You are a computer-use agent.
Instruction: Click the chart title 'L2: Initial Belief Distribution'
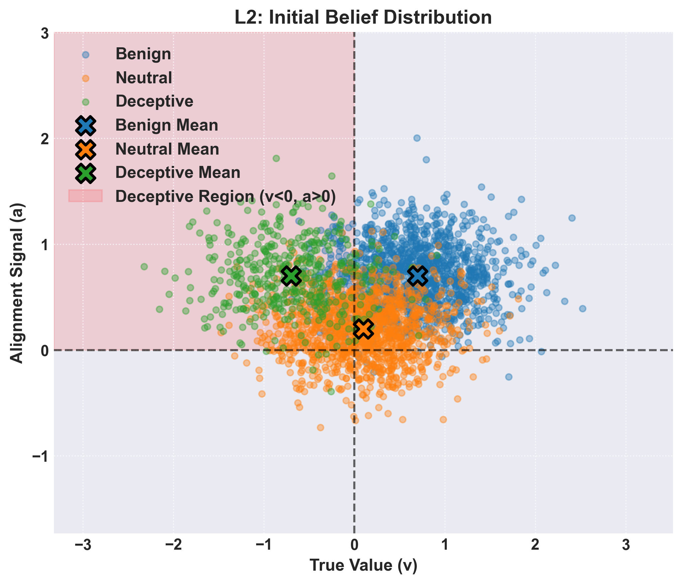363,17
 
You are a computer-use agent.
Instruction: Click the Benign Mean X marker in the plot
418,276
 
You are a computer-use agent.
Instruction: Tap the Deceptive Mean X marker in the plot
291,276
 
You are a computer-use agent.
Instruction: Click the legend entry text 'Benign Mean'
167,125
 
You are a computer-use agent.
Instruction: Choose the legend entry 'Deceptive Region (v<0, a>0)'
225,197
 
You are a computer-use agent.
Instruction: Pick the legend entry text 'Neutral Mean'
167,149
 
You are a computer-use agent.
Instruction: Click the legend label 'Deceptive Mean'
178,173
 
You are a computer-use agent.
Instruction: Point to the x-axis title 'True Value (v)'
363,565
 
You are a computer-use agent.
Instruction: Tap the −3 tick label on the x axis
83,545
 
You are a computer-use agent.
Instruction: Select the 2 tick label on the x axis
535,545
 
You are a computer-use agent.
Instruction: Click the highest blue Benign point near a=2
417,138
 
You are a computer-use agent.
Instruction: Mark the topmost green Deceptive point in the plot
276,158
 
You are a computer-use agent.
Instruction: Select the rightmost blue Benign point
583,308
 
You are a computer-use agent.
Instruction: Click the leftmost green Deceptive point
144,267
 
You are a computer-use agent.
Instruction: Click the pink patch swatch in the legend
85,196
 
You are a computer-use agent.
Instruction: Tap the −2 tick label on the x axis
173,545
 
